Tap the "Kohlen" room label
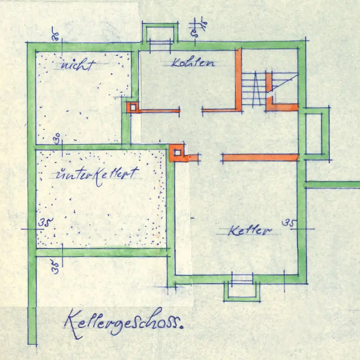tap(193, 62)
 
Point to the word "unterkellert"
tap(96, 174)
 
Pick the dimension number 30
tap(57, 138)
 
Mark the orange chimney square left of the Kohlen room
tap(133, 107)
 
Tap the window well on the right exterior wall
tap(316, 133)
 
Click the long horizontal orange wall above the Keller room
tap(260, 157)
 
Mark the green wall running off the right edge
tap(332, 185)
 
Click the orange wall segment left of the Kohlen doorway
tap(159, 111)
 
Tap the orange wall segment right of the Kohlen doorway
tap(220, 110)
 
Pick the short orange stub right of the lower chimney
tap(194, 158)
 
